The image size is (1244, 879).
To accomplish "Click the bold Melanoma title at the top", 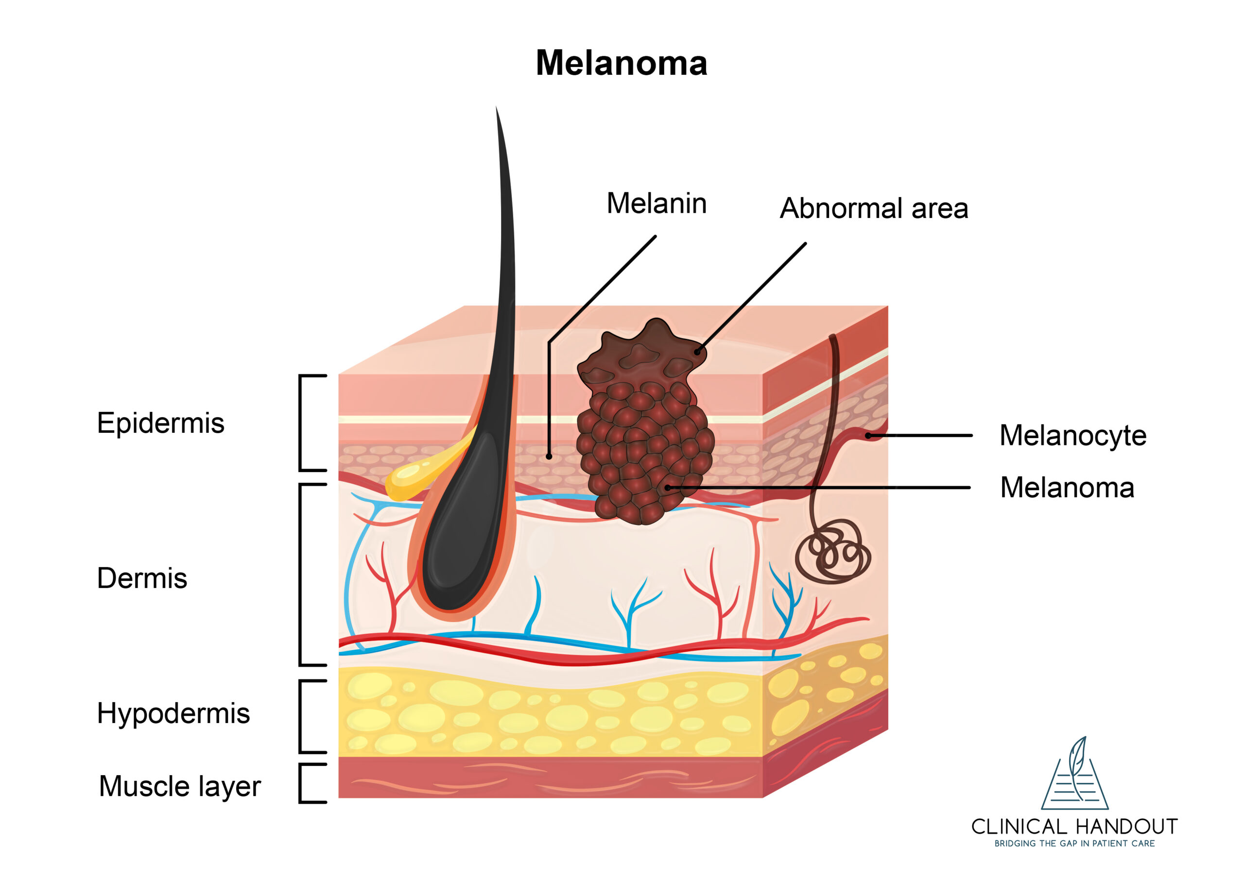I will [622, 63].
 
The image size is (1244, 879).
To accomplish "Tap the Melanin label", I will [656, 203].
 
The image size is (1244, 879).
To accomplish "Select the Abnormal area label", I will [873, 208].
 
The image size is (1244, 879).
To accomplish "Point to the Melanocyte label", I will [1072, 436].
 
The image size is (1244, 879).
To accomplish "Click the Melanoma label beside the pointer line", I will [1066, 488].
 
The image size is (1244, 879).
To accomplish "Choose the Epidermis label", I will [160, 423].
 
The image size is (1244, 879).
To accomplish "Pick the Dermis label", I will [142, 578].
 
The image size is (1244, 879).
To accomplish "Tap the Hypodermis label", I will [173, 713].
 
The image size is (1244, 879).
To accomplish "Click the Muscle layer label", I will [180, 786].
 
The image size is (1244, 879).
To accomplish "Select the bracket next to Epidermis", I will [303, 423].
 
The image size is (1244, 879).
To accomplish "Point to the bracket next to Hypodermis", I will [303, 716].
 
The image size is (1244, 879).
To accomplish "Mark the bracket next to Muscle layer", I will [303, 783].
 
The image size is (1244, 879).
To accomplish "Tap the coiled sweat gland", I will [833, 553].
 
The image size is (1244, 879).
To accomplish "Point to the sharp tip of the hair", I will [497, 110].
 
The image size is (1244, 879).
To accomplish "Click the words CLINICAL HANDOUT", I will [1074, 827].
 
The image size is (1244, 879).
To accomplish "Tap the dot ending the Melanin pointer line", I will [549, 456].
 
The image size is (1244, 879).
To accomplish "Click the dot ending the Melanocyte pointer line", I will [868, 436].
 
